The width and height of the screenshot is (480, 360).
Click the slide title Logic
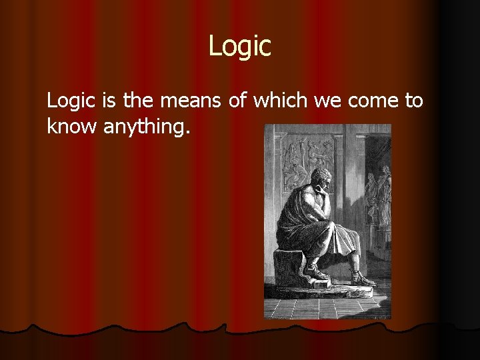240,46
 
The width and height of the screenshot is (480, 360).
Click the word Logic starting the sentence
72,101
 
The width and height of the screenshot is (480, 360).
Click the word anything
147,127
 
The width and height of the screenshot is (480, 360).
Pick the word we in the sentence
326,101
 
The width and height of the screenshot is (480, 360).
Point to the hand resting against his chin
328,193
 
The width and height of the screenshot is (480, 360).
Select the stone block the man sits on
289,267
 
